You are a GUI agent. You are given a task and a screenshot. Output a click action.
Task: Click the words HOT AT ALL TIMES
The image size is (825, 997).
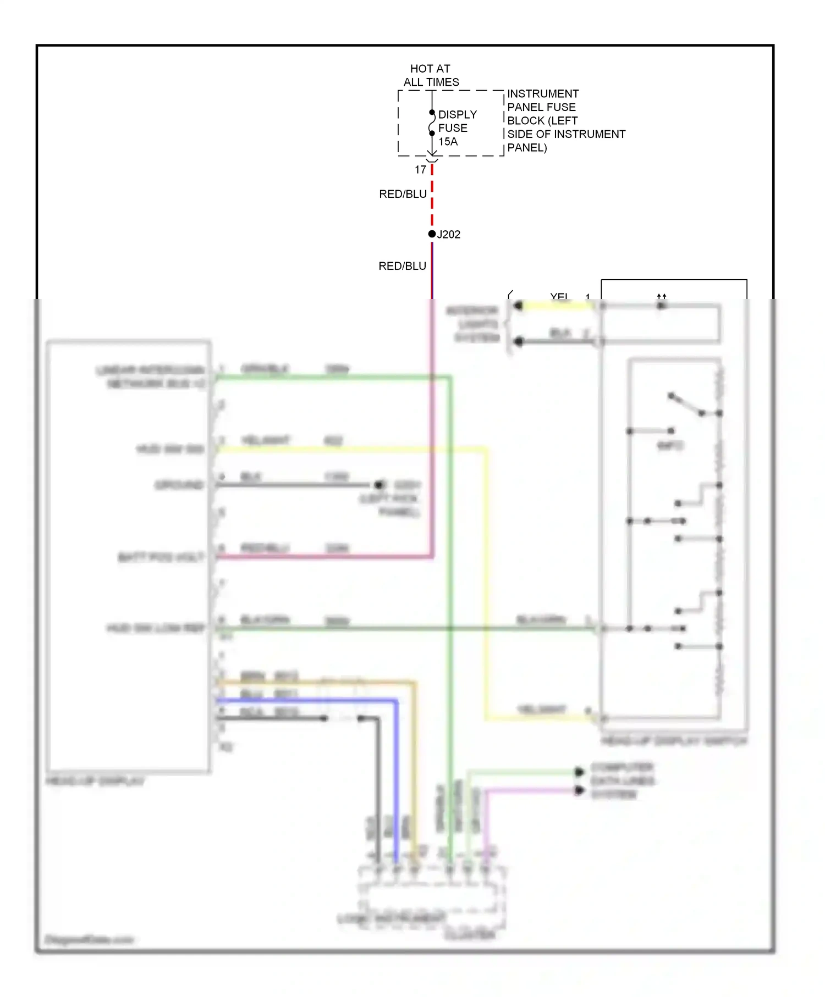coord(431,75)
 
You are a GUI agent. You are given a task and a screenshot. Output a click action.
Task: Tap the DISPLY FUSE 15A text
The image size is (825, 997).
coord(457,128)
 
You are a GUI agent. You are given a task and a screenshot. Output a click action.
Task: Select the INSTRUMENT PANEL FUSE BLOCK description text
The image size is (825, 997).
coord(565,120)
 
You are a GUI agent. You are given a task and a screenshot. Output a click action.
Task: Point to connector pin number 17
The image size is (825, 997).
coord(421,170)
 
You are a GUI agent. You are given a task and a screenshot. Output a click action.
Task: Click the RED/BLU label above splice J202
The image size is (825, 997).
coord(403,194)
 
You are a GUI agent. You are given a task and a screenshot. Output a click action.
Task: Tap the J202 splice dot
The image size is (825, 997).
coord(432,234)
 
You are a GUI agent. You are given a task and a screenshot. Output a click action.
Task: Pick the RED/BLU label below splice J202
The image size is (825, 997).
coord(402,266)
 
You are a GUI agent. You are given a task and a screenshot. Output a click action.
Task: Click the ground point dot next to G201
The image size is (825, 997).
coord(378,485)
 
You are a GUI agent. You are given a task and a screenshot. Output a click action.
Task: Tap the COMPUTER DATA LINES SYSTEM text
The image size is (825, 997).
coord(621,780)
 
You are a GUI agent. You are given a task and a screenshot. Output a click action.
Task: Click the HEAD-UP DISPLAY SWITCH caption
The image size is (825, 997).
coord(674,741)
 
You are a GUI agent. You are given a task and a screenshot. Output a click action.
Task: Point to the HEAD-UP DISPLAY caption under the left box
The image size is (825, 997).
coord(95,781)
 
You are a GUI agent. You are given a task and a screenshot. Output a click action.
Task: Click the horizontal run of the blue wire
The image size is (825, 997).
coord(308,701)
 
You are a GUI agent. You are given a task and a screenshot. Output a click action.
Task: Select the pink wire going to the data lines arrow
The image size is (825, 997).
coord(528,791)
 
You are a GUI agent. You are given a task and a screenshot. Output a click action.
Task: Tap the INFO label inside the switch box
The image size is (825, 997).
coord(669,446)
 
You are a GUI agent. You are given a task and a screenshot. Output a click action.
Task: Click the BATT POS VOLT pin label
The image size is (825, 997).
coord(161,557)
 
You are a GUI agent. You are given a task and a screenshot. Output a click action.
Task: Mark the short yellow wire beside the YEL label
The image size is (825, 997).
coord(555,306)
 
